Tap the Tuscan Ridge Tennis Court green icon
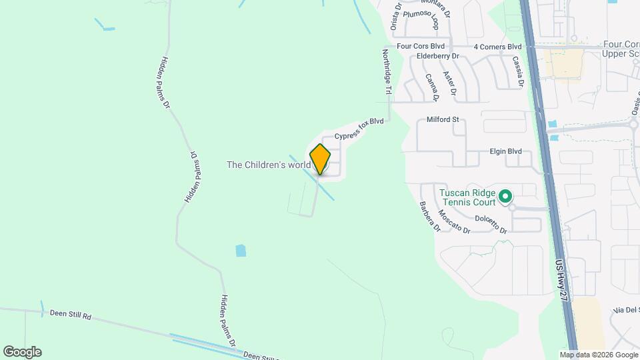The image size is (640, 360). [505, 196]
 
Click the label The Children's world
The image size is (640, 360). [269, 164]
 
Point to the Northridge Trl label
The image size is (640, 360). [387, 71]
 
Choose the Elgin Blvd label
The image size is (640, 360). [505, 151]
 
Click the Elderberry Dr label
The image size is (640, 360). [438, 57]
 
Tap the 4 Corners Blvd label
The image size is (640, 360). [497, 47]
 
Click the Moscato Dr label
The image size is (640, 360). [455, 221]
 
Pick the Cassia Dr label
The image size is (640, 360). [517, 72]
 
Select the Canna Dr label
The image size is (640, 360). [432, 87]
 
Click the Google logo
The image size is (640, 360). [22, 352]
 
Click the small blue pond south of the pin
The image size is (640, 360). [241, 251]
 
